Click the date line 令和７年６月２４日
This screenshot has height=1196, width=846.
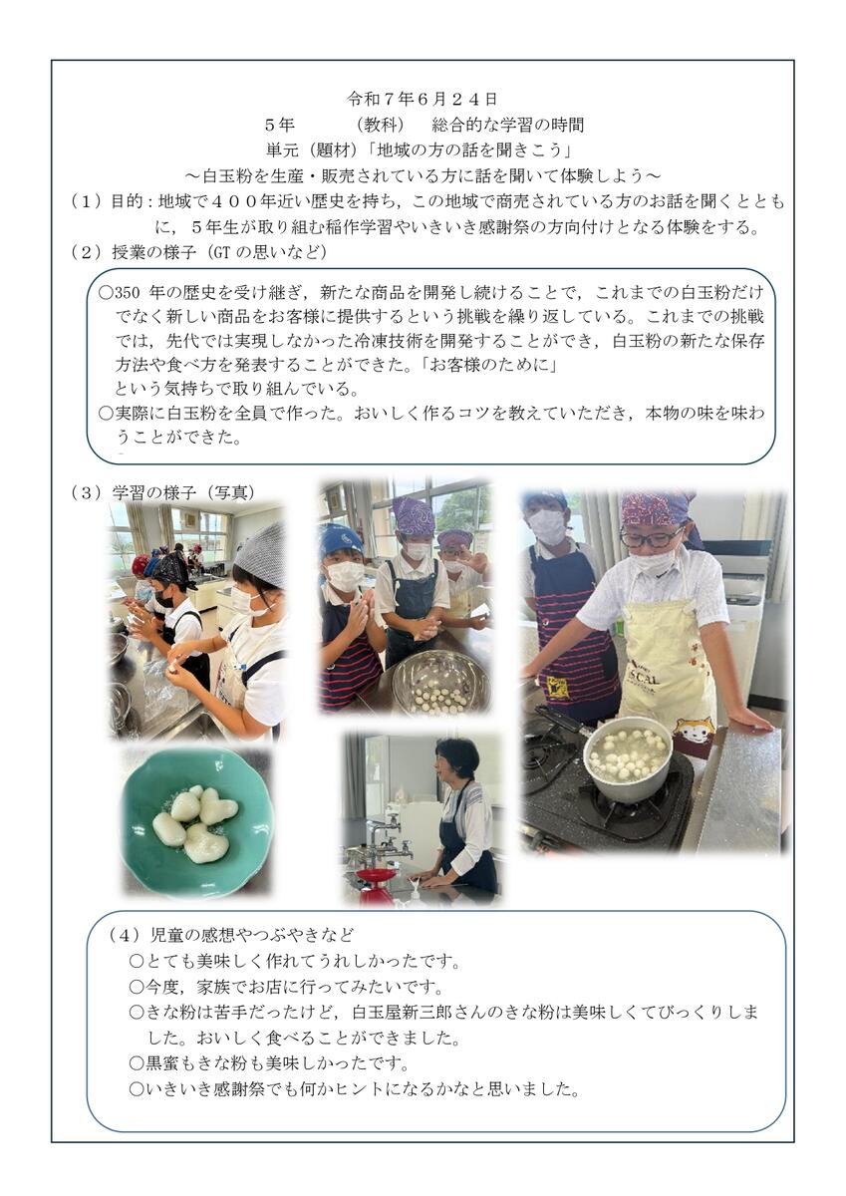(423, 99)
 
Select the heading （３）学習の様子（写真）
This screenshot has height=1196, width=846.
(162, 492)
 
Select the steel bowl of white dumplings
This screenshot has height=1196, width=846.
(441, 685)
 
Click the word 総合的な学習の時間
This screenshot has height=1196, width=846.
(507, 125)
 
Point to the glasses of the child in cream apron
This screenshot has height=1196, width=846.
(650, 536)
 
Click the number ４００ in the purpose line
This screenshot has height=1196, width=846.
(235, 201)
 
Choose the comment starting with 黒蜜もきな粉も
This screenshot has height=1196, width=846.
(270, 1063)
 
